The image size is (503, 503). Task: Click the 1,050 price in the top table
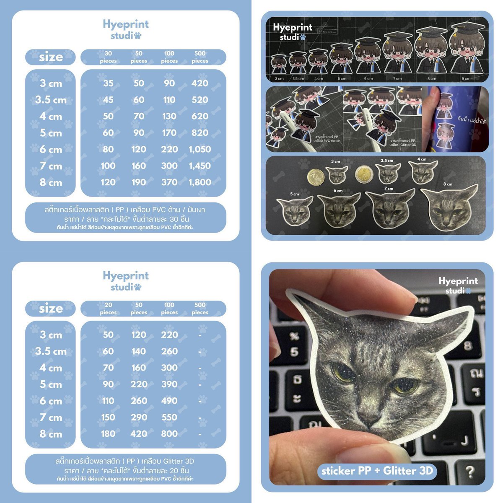pos(200,149)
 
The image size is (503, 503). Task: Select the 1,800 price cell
pos(200,182)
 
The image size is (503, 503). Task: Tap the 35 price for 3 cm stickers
pos(108,83)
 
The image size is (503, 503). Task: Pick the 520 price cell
pos(200,100)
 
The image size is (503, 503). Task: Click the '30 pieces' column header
pos(108,57)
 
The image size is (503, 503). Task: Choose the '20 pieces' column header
pos(108,309)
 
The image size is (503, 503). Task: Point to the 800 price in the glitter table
pos(169,434)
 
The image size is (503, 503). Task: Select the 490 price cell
pos(169,401)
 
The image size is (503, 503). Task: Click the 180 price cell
pos(108,434)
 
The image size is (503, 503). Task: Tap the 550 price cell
pos(169,417)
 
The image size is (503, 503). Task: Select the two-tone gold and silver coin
pos(363,174)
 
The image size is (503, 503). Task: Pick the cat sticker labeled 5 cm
pos(295,210)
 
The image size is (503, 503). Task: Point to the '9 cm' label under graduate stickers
pos(466,78)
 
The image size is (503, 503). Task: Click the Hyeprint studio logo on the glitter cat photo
pos(458,285)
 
